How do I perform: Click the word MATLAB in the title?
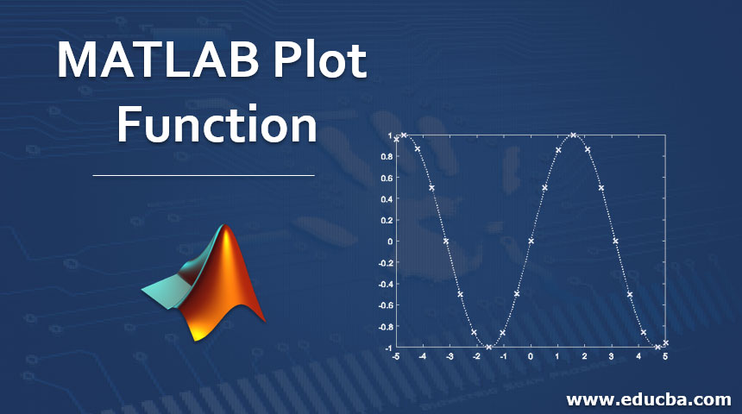[x=158, y=60]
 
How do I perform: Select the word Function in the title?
[x=217, y=123]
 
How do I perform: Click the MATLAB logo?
[x=204, y=282]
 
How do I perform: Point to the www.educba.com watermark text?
[x=649, y=399]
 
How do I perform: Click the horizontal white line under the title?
[x=204, y=175]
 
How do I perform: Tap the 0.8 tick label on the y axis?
[x=387, y=157]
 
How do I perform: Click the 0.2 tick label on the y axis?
[x=387, y=220]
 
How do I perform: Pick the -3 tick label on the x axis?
[x=449, y=356]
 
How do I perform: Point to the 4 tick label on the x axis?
[x=638, y=356]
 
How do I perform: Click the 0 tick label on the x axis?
[x=531, y=356]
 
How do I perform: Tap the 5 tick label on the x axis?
[x=665, y=356]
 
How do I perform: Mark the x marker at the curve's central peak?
[x=574, y=135]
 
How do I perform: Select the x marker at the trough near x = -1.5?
[x=489, y=348]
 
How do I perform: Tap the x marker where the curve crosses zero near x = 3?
[x=616, y=241]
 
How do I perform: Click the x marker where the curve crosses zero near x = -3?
[x=446, y=241]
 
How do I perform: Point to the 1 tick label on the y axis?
[x=390, y=135]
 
